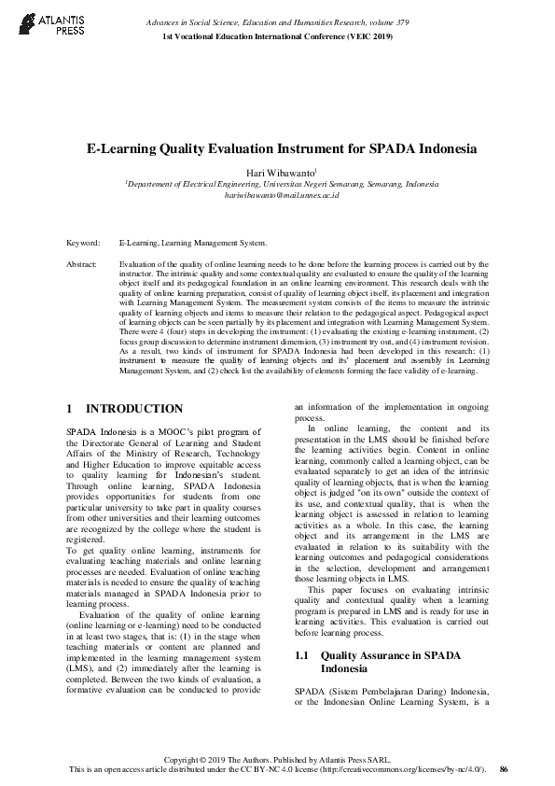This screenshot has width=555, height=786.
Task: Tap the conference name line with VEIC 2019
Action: (277, 35)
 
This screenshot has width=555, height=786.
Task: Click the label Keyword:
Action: (83, 243)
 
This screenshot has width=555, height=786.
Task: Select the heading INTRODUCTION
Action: (134, 409)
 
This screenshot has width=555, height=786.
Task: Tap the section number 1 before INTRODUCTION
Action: (70, 409)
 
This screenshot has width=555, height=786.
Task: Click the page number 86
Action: (504, 768)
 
